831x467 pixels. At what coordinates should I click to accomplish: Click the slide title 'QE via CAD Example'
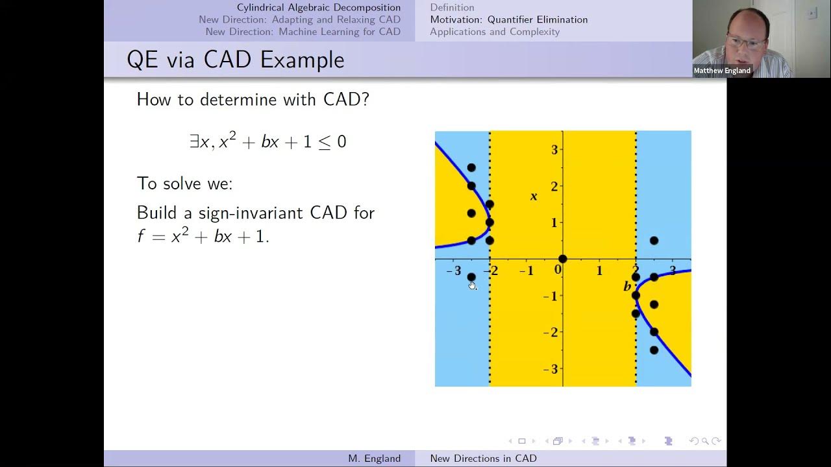coord(235,60)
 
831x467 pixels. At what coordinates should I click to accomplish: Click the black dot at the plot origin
coord(563,259)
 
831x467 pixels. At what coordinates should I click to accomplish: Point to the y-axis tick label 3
coord(554,150)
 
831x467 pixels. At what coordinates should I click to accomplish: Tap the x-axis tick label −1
coord(527,270)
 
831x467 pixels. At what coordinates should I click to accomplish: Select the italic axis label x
coord(534,196)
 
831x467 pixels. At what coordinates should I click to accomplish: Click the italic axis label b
coord(626,286)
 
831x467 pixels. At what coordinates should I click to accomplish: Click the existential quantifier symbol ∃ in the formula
coord(194,142)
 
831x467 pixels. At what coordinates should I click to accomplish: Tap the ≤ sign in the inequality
coord(323,143)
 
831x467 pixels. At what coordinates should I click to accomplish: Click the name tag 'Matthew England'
coord(722,71)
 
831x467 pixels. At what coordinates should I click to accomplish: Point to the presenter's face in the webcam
coord(746,39)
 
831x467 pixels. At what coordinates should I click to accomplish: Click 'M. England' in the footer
coord(374,459)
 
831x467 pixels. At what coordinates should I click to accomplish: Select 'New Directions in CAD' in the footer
coord(483,459)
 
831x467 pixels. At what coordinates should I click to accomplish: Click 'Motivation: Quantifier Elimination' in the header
coord(508,19)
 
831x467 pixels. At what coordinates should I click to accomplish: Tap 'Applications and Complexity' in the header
coord(495,32)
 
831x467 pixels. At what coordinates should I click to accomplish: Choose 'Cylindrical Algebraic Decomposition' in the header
coord(318,8)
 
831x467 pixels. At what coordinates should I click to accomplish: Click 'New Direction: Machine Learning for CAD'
coord(303,32)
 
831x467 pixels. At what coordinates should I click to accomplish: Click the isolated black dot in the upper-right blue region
coord(654,241)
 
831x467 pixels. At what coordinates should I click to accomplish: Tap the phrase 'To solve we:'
coord(184,184)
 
